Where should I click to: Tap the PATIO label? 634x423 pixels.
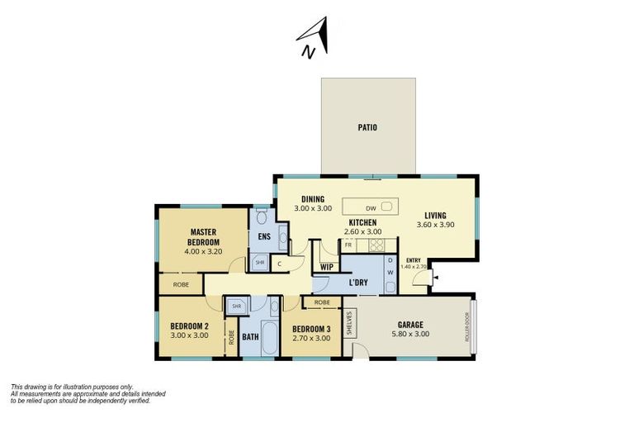[367, 128]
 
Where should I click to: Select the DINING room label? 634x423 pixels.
[312, 199]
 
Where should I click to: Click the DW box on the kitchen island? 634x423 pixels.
[371, 208]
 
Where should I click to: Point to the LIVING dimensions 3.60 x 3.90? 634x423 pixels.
[434, 225]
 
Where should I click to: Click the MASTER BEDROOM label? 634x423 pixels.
[203, 237]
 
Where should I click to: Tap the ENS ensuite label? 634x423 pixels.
[264, 238]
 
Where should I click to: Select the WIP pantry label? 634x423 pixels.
[326, 267]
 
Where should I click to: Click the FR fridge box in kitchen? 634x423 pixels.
[348, 245]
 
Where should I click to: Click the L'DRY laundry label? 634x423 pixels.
[358, 283]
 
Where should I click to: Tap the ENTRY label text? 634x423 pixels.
[414, 261]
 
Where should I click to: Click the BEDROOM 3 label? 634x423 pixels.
[312, 329]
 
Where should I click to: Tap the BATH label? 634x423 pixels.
[250, 337]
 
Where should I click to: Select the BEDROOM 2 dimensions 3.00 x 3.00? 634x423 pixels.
[189, 335]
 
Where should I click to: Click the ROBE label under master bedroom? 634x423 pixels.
[181, 284]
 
